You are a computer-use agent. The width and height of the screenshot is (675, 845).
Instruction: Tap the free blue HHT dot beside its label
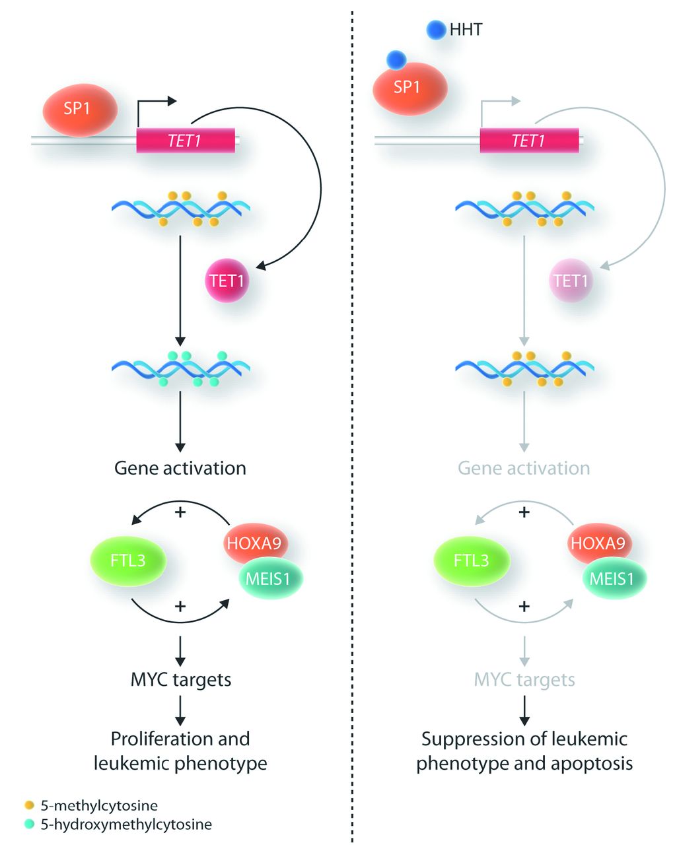tap(436, 30)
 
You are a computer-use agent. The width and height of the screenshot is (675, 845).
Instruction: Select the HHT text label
tap(466, 30)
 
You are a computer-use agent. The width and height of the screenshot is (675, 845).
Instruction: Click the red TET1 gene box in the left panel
tap(186, 140)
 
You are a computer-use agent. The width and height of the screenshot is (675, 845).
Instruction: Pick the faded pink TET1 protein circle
tap(571, 281)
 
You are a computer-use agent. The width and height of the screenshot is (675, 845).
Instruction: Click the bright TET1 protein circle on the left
tap(227, 281)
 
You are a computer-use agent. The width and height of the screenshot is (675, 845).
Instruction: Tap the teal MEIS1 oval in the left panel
tap(270, 579)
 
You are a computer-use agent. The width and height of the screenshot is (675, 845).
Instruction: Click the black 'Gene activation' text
tap(180, 468)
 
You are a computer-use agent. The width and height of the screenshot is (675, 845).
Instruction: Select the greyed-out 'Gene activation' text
tap(524, 468)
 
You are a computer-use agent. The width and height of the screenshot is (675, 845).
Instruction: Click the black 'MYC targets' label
tap(181, 679)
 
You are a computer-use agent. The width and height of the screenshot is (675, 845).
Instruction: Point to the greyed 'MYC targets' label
tap(524, 679)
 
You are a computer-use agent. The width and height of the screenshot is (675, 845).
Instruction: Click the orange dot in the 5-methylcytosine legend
tap(29, 805)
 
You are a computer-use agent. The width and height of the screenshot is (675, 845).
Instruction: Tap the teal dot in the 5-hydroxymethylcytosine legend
tap(29, 824)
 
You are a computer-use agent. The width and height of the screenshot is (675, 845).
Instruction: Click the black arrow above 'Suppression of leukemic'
tap(524, 712)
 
